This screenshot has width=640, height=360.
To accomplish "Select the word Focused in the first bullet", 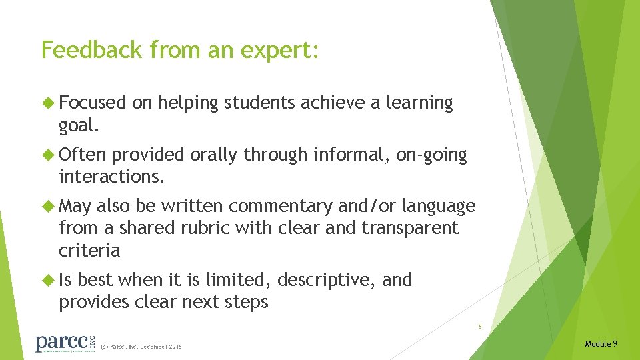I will (93, 103).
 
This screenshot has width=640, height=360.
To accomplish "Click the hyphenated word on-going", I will (431, 155).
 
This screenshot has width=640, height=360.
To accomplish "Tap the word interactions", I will (111, 177).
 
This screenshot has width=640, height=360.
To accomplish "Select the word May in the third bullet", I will (75, 206).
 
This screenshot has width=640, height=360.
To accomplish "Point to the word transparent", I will (410, 228).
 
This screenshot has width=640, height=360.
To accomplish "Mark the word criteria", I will (89, 251).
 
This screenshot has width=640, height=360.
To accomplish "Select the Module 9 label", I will (601, 344).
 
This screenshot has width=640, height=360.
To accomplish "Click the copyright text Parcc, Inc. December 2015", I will (141, 347).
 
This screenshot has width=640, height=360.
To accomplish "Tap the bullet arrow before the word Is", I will (49, 280).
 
